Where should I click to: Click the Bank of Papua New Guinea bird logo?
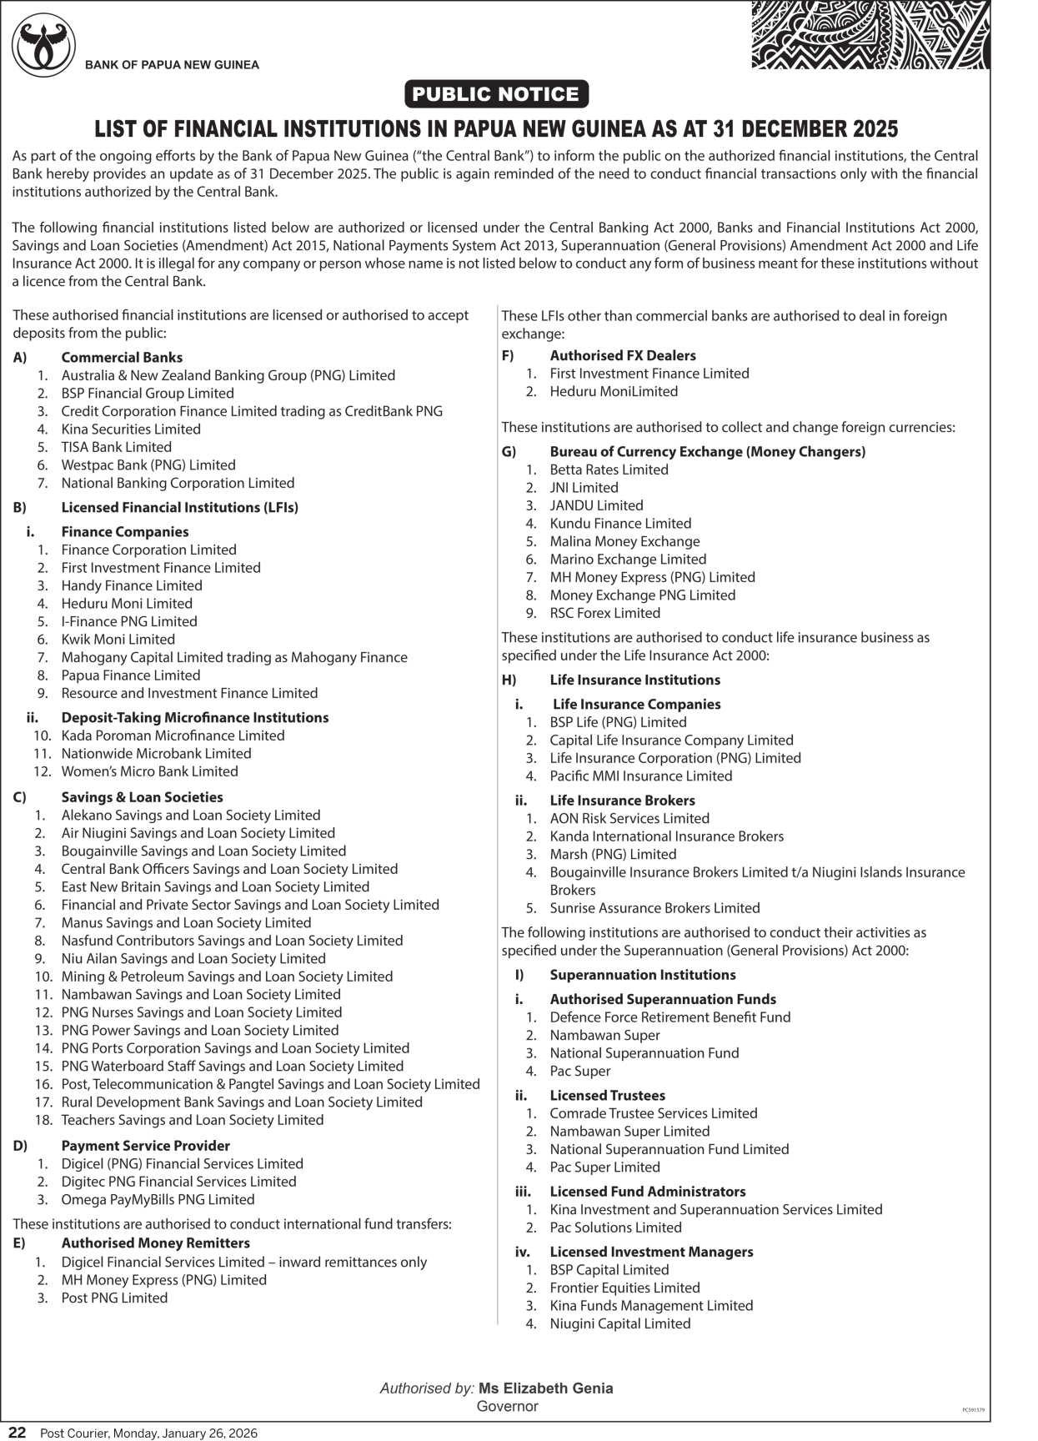43,46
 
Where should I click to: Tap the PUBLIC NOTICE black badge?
496,94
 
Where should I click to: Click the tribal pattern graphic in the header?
870,35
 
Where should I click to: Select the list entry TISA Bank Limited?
116,447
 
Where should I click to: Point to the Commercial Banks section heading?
122,357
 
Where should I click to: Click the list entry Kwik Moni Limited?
118,640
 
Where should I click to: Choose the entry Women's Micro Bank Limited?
149,771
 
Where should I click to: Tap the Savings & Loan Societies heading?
142,797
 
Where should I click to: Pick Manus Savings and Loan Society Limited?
186,922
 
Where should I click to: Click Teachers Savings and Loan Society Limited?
192,1120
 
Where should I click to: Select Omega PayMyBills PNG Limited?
158,1199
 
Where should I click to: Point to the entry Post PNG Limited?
114,1298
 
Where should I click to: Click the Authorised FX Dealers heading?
622,355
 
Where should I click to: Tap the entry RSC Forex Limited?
604,613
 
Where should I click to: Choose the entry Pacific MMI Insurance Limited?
640,776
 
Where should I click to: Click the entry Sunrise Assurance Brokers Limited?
654,907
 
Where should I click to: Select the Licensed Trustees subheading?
607,1095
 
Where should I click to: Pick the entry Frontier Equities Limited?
624,1288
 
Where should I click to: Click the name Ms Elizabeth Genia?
545,1388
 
